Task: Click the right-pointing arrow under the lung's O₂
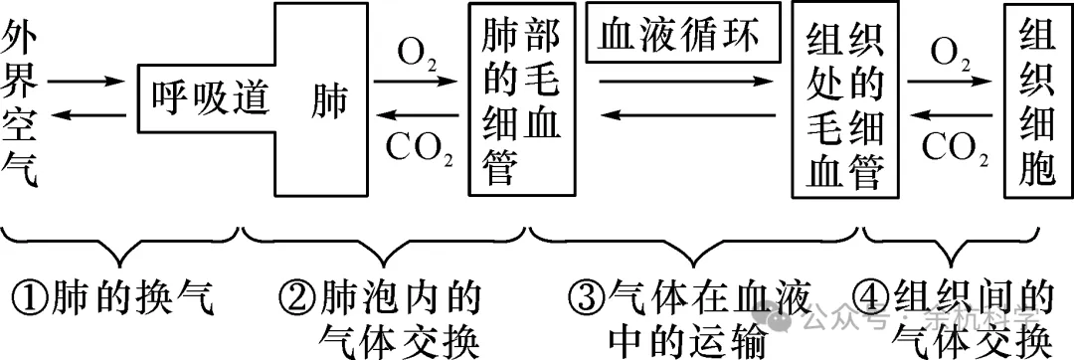419,85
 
